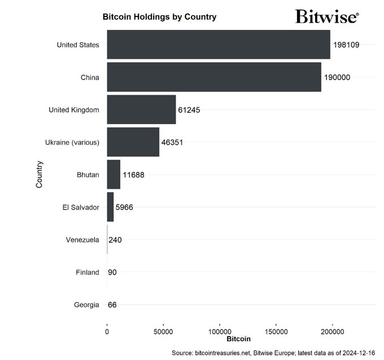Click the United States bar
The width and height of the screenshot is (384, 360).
(x=219, y=45)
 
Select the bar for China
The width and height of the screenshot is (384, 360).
(x=214, y=77)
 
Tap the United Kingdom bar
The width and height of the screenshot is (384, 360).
(x=141, y=109)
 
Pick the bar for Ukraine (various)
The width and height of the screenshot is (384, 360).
(x=133, y=142)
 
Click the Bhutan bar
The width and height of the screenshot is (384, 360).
(x=114, y=174)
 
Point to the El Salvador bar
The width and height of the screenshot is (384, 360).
(x=110, y=207)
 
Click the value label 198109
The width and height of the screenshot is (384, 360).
(x=346, y=45)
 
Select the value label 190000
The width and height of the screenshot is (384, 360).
(x=337, y=77)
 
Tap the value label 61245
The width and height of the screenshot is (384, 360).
(x=189, y=109)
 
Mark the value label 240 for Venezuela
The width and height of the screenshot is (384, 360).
(x=115, y=240)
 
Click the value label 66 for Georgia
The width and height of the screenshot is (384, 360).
(x=112, y=305)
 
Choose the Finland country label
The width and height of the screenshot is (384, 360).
(x=88, y=273)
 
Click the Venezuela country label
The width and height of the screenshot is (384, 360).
(x=82, y=240)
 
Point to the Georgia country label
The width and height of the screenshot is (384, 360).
(x=86, y=305)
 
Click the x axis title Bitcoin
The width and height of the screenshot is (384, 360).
(x=238, y=339)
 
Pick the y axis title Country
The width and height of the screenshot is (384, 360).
(x=40, y=174)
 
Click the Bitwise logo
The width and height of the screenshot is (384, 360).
(x=326, y=16)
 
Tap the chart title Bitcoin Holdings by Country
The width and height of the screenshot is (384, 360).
(x=159, y=17)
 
